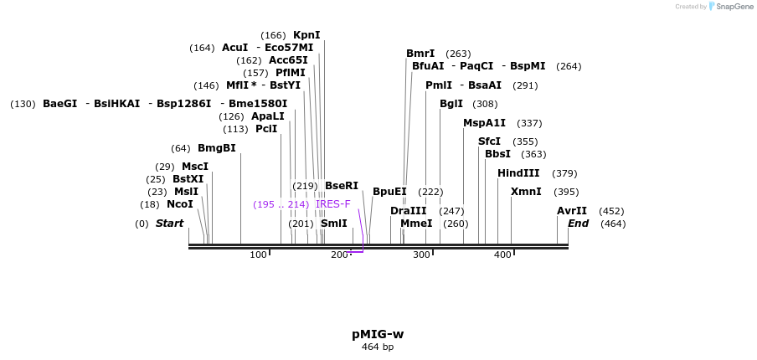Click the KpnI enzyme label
point(306,35)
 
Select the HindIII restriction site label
point(518,173)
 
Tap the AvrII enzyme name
point(572,211)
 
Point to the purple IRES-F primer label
point(333,204)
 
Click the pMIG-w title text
point(378,334)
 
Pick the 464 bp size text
point(378,347)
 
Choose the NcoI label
point(180,204)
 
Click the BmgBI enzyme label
point(217,148)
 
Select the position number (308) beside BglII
point(485,104)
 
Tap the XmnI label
point(526,192)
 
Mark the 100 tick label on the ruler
point(258,255)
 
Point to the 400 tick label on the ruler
point(502,255)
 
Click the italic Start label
point(169,224)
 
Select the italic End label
point(579,224)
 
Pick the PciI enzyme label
point(266,129)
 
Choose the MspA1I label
point(485,123)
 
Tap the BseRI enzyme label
point(342,186)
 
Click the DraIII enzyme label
point(409,211)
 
